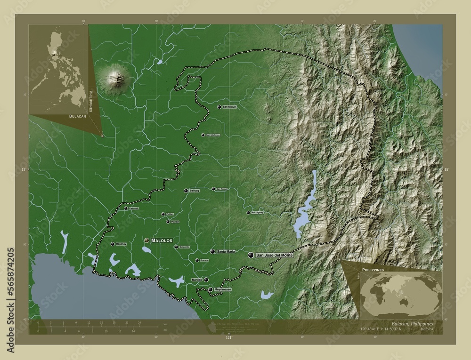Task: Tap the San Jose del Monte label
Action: [x=274, y=255]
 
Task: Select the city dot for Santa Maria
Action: [x=213, y=252]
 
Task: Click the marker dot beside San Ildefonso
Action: [x=203, y=135]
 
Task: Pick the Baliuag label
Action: [x=195, y=191]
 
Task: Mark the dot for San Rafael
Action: [x=213, y=189]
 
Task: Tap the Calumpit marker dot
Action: [x=126, y=208]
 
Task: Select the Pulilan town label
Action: [x=170, y=214]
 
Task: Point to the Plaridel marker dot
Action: [x=168, y=222]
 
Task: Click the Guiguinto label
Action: [x=184, y=247]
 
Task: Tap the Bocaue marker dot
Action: [x=197, y=260]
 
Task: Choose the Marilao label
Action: [x=197, y=280]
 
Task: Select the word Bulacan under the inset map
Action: [x=77, y=115]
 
